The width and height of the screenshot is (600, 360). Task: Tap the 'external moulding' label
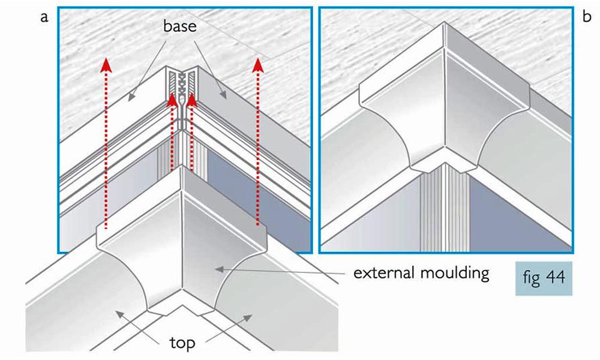tap(421, 274)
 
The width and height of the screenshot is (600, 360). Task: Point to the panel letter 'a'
tap(43, 17)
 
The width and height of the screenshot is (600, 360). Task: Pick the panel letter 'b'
tap(586, 17)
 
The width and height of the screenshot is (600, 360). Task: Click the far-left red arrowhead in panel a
tap(106, 64)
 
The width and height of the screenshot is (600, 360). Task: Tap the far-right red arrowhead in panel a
tap(259, 64)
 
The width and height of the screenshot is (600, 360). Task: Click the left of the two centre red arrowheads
tap(173, 98)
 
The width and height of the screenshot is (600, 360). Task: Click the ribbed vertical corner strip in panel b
tap(444, 210)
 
